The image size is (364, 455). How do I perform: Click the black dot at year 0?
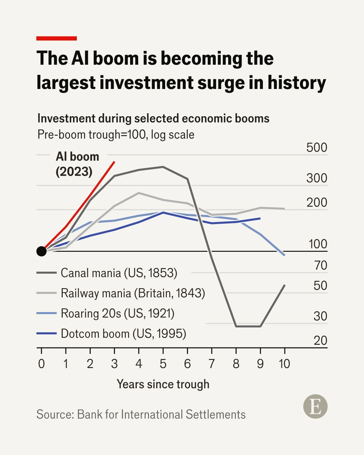tap(41, 251)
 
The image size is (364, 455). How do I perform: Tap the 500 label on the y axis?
tap(316, 147)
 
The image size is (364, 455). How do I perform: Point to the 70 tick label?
tap(321, 265)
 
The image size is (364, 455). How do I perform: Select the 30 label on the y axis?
tap(321, 316)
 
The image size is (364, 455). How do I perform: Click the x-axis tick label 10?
tap(284, 364)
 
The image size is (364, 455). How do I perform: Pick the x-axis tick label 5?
tap(163, 364)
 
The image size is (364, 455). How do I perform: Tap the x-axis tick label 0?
tap(41, 364)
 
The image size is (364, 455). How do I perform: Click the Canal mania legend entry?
tap(107, 273)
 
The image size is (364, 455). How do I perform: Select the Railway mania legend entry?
tap(121, 293)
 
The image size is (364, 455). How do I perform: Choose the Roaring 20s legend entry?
tap(105, 313)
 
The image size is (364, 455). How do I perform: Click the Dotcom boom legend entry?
tap(111, 333)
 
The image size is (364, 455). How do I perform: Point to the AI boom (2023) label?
tap(78, 164)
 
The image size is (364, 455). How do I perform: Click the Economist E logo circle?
tap(315, 406)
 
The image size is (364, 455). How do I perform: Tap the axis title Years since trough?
tap(163, 384)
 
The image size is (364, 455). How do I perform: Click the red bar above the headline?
tap(57, 38)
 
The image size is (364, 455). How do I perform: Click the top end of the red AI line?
tap(115, 161)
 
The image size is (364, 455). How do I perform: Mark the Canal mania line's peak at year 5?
tap(163, 167)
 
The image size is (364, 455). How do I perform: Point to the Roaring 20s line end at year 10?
tap(284, 255)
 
